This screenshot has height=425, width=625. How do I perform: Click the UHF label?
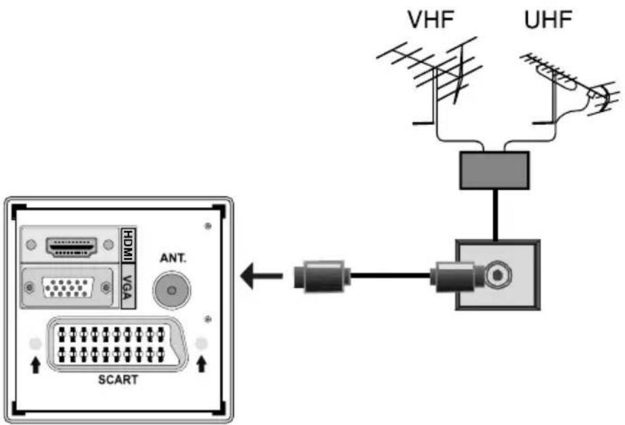coord(548,20)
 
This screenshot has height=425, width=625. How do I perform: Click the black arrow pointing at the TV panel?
coord(262,276)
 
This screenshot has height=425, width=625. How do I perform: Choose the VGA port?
coord(68,289)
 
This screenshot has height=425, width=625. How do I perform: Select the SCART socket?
coord(115,344)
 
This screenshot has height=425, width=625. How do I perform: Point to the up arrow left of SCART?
coord(35,365)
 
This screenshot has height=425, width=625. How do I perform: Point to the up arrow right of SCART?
coord(200,365)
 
